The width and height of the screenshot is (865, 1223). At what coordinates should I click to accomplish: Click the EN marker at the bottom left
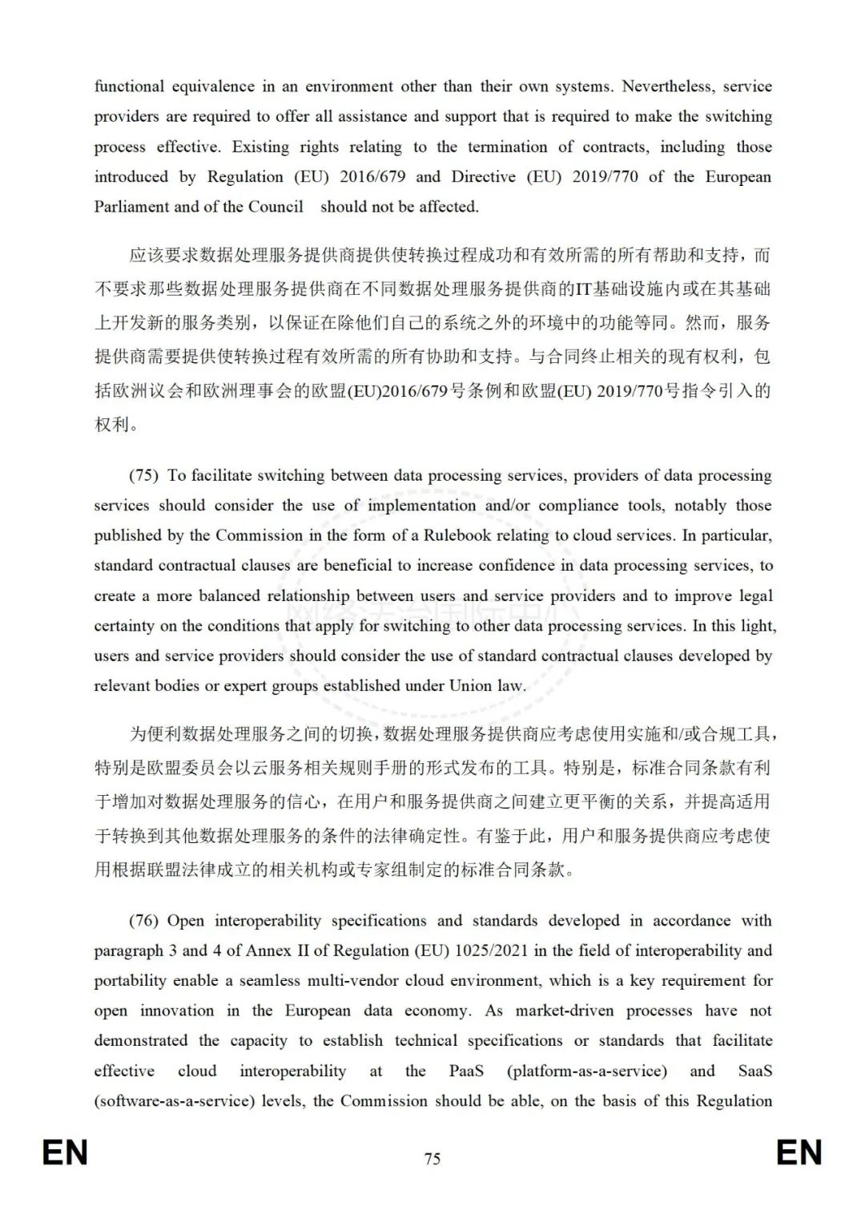pos(65,1153)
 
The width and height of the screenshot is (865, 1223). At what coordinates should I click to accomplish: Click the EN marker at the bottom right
pos(799,1153)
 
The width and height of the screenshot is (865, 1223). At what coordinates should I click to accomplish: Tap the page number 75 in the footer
pos(432,1159)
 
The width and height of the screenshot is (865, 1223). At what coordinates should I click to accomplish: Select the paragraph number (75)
pos(144,475)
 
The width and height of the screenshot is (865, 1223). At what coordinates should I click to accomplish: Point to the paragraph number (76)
pos(144,921)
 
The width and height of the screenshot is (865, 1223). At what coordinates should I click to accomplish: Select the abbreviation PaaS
pos(466,1071)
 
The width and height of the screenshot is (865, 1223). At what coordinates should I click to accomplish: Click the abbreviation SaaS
pos(754,1071)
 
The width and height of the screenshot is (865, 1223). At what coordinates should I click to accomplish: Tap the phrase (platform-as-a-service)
pos(587,1071)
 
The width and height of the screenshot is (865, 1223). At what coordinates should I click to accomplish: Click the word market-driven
pos(565,1011)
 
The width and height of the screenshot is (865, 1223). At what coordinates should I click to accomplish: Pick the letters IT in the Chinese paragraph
pos(583,289)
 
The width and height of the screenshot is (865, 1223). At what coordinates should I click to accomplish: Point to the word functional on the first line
pos(129,87)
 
